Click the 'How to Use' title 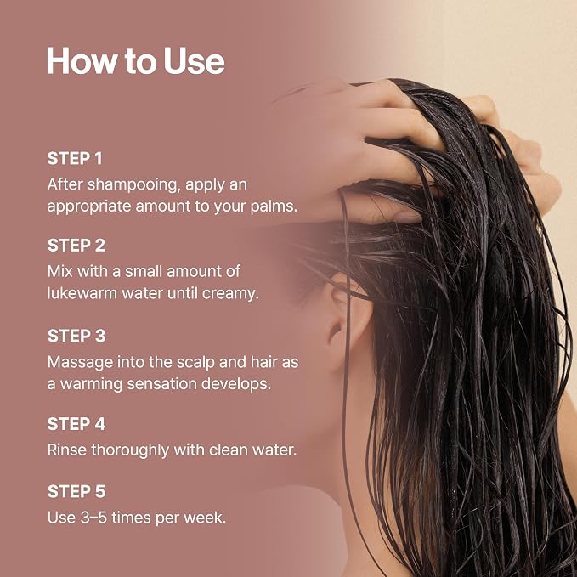click(x=135, y=60)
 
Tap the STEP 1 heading click(x=75, y=159)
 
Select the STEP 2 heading click(x=76, y=246)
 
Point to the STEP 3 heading click(x=76, y=336)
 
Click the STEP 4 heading click(x=76, y=424)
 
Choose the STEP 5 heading click(x=76, y=492)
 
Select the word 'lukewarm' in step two click(x=82, y=293)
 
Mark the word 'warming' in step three click(x=91, y=385)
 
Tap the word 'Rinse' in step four click(x=67, y=450)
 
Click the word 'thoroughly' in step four click(x=130, y=450)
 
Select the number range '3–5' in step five click(x=88, y=518)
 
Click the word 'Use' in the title click(x=194, y=60)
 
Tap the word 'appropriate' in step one click(x=89, y=206)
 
